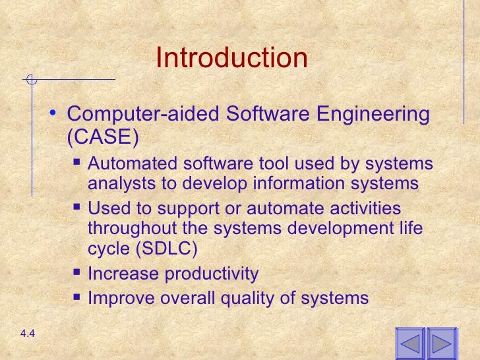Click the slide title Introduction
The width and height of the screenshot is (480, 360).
pos(231,59)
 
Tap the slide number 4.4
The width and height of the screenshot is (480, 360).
pos(27,334)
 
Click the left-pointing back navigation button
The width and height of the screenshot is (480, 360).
pos(409,344)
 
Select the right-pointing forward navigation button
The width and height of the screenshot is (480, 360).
pos(442,344)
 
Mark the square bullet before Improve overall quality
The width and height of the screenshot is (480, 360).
pos(77,297)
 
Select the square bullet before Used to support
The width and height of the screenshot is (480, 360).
pos(77,208)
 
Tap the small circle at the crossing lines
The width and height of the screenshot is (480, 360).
pos(30,81)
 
